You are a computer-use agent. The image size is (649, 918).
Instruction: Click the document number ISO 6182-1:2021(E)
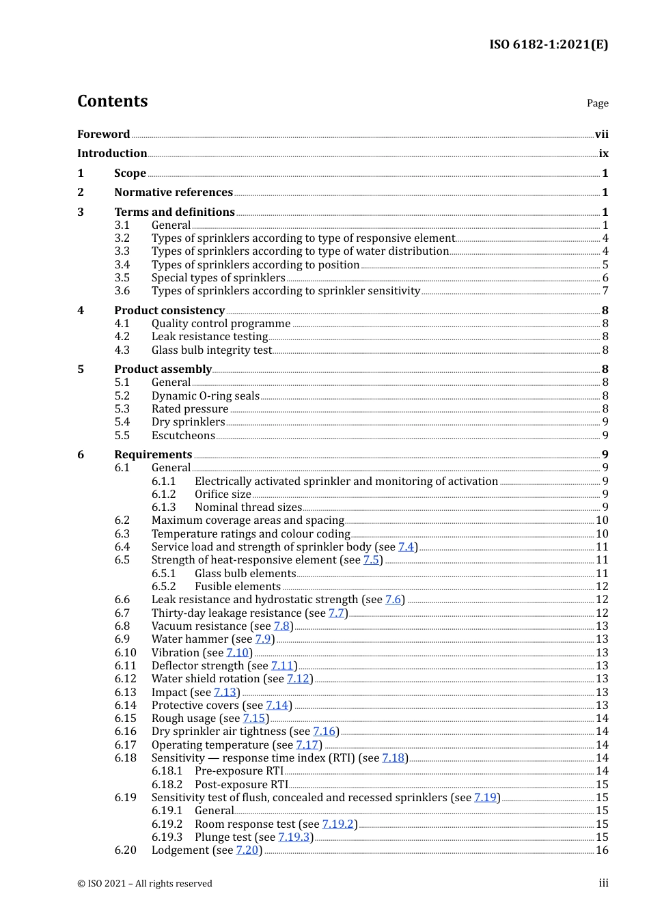(x=549, y=44)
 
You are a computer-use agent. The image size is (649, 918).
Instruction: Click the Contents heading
(x=112, y=101)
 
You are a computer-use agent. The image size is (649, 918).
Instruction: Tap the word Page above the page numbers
(x=597, y=103)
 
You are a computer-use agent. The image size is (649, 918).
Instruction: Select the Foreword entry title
(x=103, y=135)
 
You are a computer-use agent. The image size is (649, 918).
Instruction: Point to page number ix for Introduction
(x=603, y=154)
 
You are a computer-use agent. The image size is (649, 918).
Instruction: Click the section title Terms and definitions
(x=174, y=212)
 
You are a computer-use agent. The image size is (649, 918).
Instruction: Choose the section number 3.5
(x=122, y=278)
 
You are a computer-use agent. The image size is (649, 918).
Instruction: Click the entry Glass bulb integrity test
(x=212, y=350)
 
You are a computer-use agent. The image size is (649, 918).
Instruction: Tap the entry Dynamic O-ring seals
(x=205, y=396)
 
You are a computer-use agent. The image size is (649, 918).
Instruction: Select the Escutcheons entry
(x=183, y=436)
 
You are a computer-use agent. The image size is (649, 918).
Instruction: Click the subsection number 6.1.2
(x=163, y=495)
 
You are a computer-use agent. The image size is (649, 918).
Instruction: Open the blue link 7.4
(x=406, y=547)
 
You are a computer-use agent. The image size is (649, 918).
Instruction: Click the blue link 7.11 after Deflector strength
(x=282, y=666)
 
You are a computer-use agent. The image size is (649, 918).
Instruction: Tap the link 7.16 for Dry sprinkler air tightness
(x=324, y=732)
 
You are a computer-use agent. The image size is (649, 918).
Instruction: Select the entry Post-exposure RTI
(x=241, y=785)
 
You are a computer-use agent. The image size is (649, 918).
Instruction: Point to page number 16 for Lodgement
(x=602, y=850)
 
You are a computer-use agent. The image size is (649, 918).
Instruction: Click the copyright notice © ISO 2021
(x=145, y=884)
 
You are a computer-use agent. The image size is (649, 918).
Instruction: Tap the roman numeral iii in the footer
(x=603, y=884)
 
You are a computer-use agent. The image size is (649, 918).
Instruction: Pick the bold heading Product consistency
(x=169, y=311)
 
